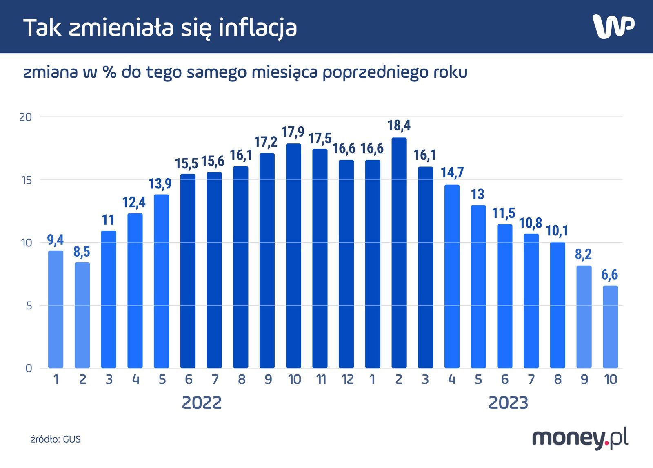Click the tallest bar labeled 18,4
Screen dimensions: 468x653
tap(399, 253)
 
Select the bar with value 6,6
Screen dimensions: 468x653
tap(610, 327)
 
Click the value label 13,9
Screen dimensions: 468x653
tap(160, 184)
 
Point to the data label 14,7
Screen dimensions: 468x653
tap(452, 173)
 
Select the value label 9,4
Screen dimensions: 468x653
tap(56, 240)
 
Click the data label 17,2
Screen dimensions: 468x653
tap(266, 142)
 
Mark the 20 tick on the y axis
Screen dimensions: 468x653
tap(25, 117)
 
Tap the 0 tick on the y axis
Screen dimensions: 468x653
tap(29, 368)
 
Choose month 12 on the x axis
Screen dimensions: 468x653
tap(347, 380)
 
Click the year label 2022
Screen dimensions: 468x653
tap(202, 403)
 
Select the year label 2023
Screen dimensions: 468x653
tap(508, 403)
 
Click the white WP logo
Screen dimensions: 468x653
tap(613, 27)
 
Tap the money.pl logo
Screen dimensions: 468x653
tap(580, 439)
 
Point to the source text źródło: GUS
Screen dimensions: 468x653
tap(56, 440)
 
